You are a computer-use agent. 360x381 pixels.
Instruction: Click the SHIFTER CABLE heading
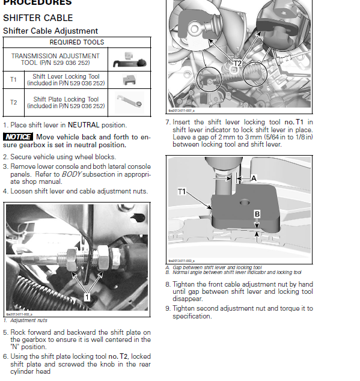coord(38,18)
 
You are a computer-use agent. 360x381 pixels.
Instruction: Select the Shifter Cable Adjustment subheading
coord(50,31)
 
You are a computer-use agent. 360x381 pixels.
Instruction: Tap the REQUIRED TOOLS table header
coord(76,42)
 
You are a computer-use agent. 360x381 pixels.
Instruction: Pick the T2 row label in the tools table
coord(13,102)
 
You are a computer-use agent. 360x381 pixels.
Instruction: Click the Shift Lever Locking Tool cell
coord(66,79)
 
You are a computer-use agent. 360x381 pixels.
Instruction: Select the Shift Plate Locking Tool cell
coord(66,102)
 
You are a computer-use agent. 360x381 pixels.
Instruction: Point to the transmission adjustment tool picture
coord(129,59)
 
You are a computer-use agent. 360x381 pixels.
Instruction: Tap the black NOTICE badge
coord(18,137)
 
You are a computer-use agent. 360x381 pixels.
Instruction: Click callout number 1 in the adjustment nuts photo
coord(87,297)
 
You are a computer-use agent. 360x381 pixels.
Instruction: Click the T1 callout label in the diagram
coord(182,191)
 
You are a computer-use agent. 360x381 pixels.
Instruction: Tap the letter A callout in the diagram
coord(253,178)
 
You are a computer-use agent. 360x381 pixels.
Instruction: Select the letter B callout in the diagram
coord(257,214)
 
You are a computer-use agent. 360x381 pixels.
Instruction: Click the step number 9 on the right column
coord(168,308)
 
